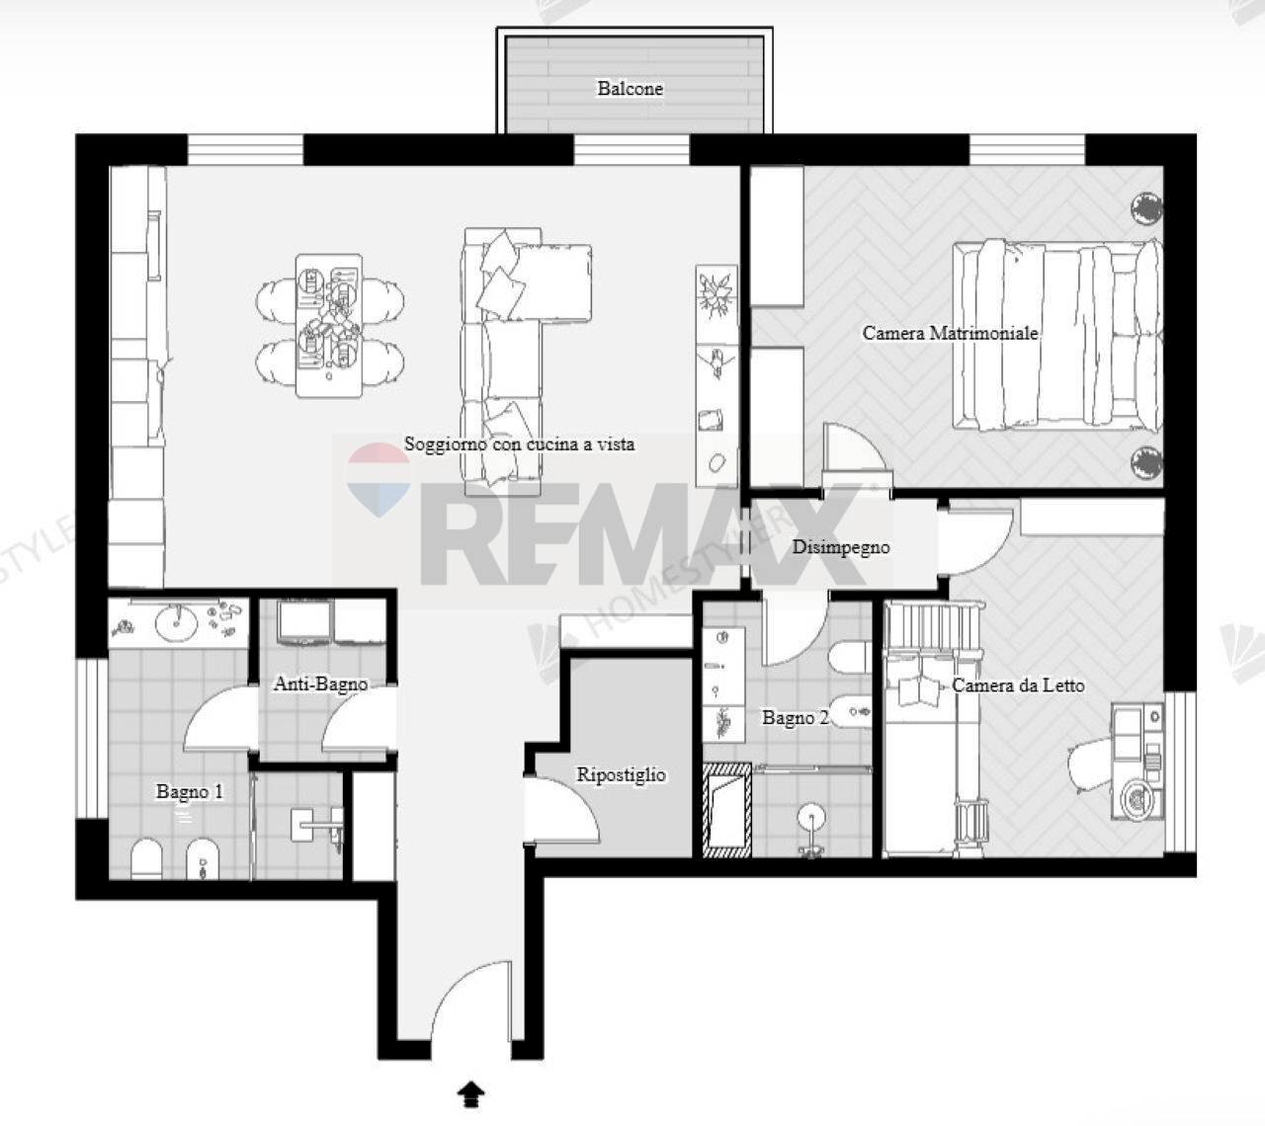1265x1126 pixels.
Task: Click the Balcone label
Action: pos(630,88)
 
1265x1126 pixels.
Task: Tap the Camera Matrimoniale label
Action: pos(950,333)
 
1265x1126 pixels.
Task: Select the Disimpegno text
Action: pos(841,546)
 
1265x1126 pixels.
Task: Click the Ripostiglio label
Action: pos(621,775)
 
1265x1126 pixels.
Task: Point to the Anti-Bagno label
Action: pos(320,684)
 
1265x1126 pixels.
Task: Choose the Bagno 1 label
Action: pos(190,791)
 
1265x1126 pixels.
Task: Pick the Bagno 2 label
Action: pos(795,718)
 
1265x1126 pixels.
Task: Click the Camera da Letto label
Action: pos(1018,684)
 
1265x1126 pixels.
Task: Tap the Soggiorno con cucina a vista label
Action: pos(519,444)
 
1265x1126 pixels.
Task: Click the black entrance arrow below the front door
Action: pos(472,1092)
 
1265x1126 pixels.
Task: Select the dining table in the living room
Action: pos(329,325)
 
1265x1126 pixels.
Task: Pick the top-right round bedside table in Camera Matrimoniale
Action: pos(1146,207)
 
